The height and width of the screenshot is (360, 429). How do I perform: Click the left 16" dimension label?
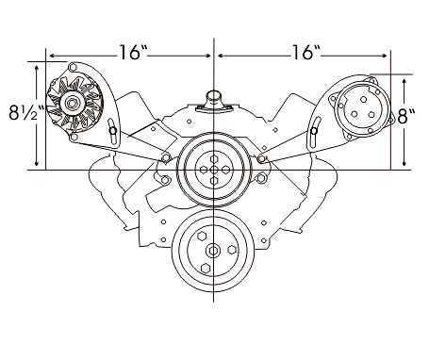(133, 52)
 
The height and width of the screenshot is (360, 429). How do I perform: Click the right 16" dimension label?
(306, 52)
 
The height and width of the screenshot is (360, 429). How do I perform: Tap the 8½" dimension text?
(27, 113)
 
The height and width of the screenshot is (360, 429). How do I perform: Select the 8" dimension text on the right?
(406, 117)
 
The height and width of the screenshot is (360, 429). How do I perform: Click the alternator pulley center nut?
(71, 103)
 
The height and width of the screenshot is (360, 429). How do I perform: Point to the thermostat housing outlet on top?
(214, 98)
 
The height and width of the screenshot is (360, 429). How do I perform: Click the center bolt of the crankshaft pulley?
(213, 251)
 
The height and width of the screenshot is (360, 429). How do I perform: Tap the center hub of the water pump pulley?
(214, 170)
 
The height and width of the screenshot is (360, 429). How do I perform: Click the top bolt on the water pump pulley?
(214, 158)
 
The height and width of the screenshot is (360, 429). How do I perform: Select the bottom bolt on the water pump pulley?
(214, 181)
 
